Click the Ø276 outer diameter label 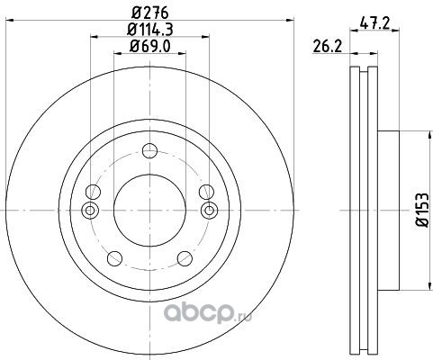click(150, 13)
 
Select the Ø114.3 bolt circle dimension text click(150, 30)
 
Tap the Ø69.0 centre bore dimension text click(150, 46)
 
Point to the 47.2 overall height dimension click(374, 22)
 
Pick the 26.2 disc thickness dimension click(327, 46)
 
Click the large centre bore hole click(149, 211)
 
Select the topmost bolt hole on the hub click(149, 150)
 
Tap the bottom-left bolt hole click(114, 258)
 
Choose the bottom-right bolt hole click(185, 258)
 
